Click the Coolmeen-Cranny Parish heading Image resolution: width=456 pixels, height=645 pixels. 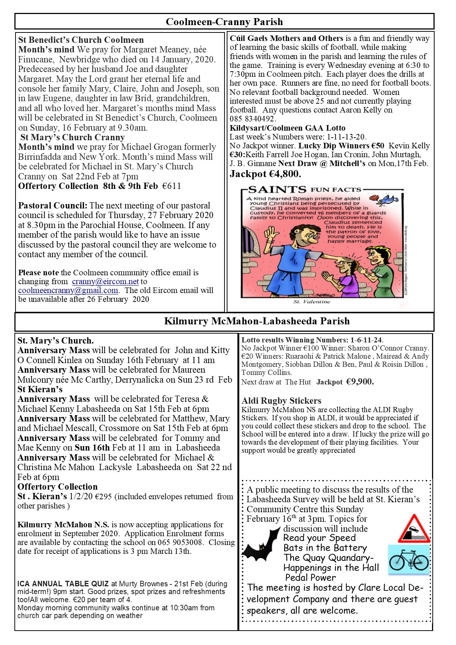pos(224,22)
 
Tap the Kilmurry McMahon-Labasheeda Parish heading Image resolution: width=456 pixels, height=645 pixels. pos(257,321)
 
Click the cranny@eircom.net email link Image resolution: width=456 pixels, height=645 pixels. pos(105,282)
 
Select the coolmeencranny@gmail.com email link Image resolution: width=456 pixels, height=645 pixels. pos(68,290)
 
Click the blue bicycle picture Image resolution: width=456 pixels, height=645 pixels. pos(409,560)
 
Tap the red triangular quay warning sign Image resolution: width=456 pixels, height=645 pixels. pos(414,529)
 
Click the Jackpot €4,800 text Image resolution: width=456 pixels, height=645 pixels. pos(265,174)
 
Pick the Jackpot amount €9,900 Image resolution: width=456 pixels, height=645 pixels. pos(360,382)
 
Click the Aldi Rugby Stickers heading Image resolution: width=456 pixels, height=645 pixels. pos(281,401)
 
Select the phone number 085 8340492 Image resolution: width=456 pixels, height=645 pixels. pos(253,119)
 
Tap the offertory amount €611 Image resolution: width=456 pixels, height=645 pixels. pos(172,186)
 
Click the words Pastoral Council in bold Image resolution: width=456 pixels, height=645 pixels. pos(52,206)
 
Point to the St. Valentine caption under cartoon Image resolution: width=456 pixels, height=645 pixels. pos(312,302)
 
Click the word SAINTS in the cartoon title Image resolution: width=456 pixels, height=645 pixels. pos(277,190)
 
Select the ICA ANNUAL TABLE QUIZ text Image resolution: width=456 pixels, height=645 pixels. pos(63,584)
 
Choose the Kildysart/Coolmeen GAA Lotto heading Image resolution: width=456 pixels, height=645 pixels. pos(287,128)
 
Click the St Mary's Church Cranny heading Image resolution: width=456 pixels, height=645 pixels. pos(72,137)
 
